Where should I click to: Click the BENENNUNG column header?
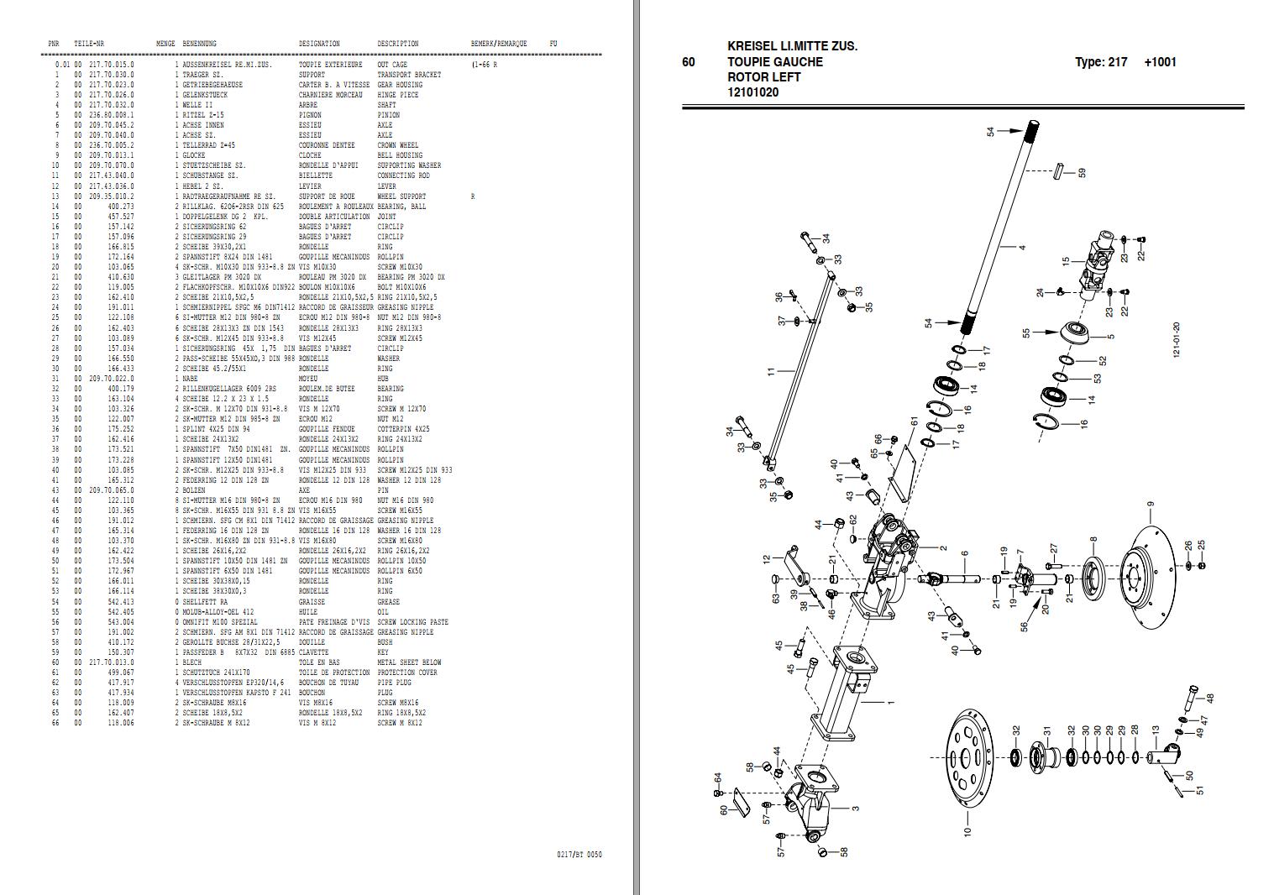pos(199,44)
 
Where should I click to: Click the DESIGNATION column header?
pos(319,44)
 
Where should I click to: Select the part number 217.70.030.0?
pos(112,75)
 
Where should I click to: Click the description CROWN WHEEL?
pos(398,145)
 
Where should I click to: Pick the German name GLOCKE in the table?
pos(194,155)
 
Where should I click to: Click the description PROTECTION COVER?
pos(407,673)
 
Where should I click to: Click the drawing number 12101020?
pos(752,92)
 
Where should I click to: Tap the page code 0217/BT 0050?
pos(579,855)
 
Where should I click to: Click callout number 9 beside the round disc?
pos(1151,505)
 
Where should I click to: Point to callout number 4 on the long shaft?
pos(1022,248)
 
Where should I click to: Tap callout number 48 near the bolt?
pos(1210,698)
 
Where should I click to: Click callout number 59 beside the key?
pos(1082,172)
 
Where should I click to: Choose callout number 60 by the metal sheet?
pos(723,810)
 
